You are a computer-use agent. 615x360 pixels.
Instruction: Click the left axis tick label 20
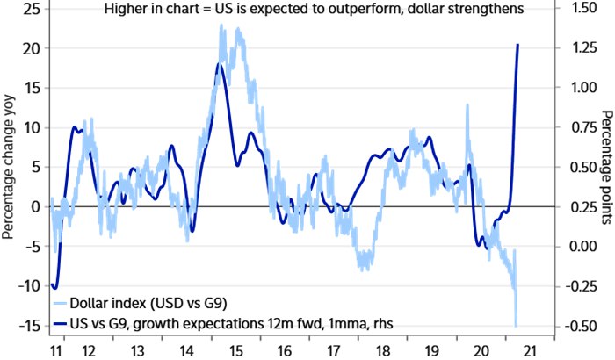click(x=32, y=48)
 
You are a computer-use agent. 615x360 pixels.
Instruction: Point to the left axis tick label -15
click(x=29, y=326)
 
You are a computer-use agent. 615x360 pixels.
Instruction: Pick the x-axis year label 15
click(x=236, y=350)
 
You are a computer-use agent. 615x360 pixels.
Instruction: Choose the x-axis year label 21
click(x=531, y=350)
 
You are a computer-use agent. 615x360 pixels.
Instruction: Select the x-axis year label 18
click(x=383, y=350)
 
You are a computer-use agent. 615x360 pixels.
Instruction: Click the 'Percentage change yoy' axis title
click(x=8, y=167)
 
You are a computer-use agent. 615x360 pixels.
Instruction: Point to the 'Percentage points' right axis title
click(x=606, y=168)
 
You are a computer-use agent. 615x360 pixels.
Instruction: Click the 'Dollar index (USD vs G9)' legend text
click(x=148, y=303)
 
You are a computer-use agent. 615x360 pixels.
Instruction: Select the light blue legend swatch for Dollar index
click(x=60, y=304)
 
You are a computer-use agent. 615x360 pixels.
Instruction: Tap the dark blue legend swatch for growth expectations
click(x=60, y=324)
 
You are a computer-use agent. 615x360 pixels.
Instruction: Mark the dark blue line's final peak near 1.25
click(x=518, y=44)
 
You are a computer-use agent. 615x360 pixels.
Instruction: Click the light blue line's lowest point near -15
click(x=516, y=326)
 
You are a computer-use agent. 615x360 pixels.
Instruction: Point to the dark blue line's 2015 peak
click(x=220, y=63)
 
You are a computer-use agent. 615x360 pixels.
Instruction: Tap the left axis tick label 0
click(x=37, y=206)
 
